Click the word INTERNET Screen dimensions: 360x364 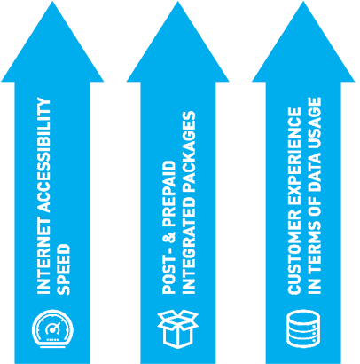pos(43,257)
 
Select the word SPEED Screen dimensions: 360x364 pos(63,269)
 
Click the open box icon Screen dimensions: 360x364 pos(177,328)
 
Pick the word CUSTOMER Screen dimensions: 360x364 pos(294,253)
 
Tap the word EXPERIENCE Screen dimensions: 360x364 pos(294,158)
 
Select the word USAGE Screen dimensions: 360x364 pos(314,123)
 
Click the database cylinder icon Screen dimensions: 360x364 pos(303,328)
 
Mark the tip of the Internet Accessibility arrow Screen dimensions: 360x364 pos(52,2)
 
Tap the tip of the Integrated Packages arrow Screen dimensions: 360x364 pos(178,2)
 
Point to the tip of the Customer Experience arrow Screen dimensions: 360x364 pos(303,2)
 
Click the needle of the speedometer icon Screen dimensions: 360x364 pos(53,327)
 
